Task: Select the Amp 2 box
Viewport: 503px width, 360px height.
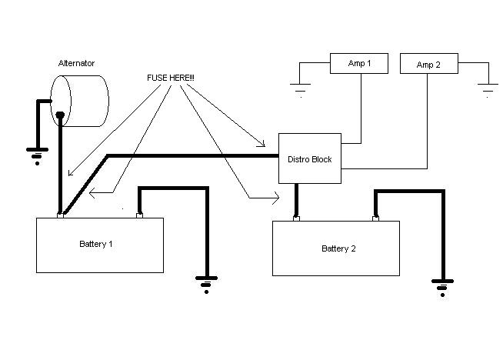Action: [429, 64]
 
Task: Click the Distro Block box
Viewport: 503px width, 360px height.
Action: [309, 159]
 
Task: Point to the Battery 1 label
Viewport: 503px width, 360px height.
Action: [96, 244]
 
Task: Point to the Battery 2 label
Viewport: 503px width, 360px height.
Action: [338, 248]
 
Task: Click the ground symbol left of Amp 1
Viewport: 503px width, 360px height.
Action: [301, 89]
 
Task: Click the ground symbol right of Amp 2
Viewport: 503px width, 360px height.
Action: [488, 89]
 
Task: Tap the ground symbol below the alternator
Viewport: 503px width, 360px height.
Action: [35, 156]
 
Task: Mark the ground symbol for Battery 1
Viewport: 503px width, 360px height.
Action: [205, 285]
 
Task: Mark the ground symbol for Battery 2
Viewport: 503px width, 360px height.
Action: [441, 289]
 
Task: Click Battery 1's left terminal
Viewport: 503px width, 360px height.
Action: [59, 215]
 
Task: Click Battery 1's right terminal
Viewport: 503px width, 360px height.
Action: [139, 215]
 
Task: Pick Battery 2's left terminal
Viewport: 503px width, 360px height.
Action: [296, 218]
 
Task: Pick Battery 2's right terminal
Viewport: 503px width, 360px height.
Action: [375, 218]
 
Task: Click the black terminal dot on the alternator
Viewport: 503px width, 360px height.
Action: [58, 116]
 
